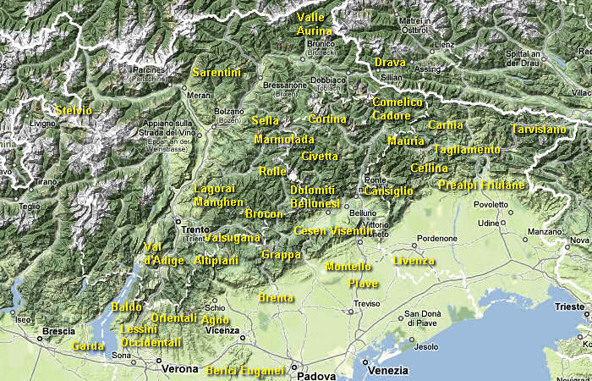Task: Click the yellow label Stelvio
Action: point(73,111)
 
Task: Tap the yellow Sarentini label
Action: point(217,73)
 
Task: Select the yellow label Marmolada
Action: point(284,139)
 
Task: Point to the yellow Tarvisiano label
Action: point(538,130)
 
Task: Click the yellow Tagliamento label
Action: point(467,150)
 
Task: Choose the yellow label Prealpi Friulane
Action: point(481,185)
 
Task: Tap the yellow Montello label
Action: point(348,267)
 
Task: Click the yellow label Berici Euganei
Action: point(245,370)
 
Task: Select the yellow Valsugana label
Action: point(233,238)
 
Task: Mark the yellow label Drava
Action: point(390,62)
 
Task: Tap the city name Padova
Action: point(318,375)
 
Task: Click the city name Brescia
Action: point(58,331)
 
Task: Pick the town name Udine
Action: point(489,224)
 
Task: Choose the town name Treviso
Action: point(367,303)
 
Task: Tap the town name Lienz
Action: point(444,43)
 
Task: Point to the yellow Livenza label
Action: point(414,260)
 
